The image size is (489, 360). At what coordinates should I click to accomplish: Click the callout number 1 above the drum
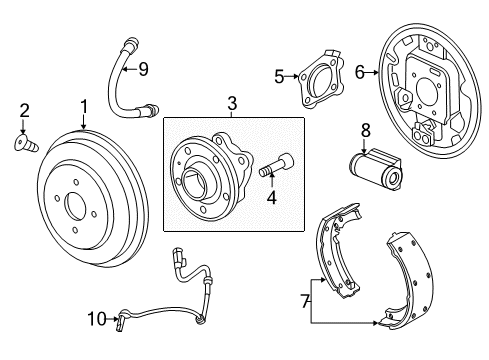tap(84, 105)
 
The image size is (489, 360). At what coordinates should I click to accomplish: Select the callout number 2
tap(25, 110)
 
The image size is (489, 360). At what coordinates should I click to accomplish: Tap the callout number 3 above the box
tap(232, 102)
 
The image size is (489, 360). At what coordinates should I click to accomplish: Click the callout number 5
tap(279, 74)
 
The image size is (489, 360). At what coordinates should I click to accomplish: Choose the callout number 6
tap(361, 71)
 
